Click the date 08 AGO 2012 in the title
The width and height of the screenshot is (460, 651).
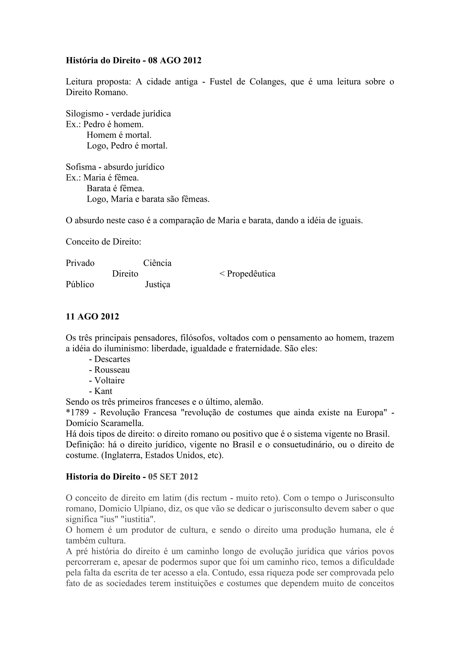[x=175, y=60]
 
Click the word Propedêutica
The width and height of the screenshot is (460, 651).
[x=251, y=274]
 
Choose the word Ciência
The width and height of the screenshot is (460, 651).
[x=157, y=263]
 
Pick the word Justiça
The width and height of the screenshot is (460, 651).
[x=157, y=284]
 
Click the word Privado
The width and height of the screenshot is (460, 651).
[x=80, y=263]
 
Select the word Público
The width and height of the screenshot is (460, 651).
[x=80, y=284]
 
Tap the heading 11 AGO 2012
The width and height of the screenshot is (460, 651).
[x=92, y=317]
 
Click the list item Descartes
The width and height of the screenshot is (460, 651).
[x=112, y=359]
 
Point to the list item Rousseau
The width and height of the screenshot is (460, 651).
[x=112, y=370]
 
